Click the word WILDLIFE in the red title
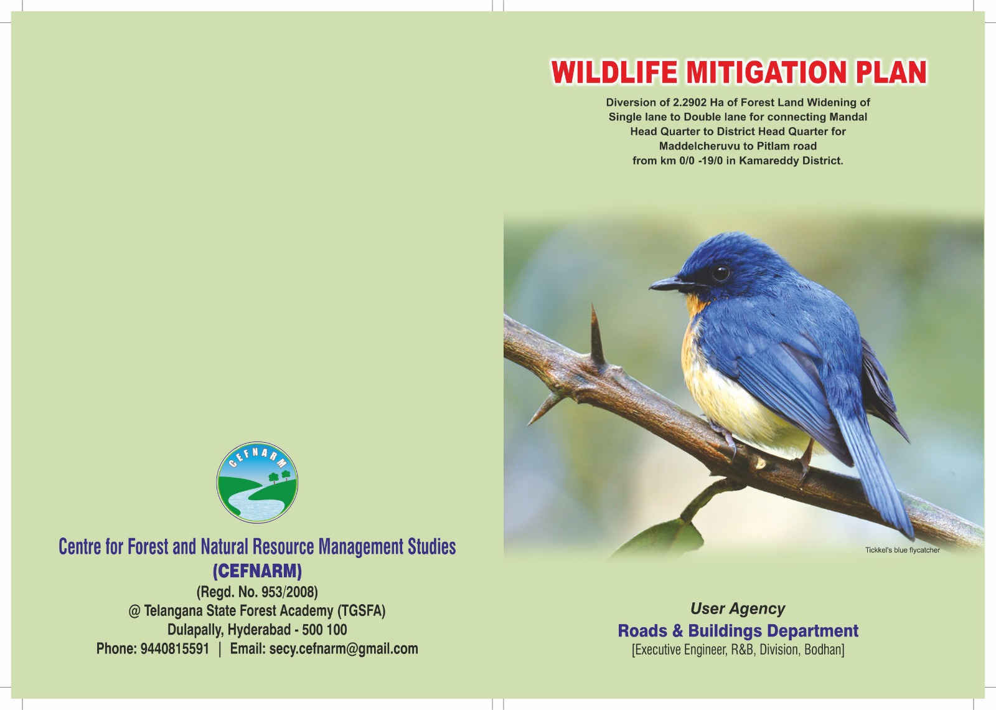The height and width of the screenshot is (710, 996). click(x=614, y=72)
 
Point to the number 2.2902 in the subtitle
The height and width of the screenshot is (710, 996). click(x=690, y=102)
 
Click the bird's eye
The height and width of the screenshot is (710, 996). click(x=721, y=272)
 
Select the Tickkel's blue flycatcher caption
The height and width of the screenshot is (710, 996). click(x=902, y=551)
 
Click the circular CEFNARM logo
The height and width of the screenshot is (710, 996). click(x=257, y=482)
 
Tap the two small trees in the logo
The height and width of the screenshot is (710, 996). click(x=280, y=476)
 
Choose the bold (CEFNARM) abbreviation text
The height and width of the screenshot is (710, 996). click(x=257, y=570)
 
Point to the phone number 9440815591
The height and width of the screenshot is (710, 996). click(x=175, y=648)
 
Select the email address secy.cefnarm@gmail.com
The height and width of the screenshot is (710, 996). click(x=343, y=649)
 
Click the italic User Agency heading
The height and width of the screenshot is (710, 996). click(x=738, y=608)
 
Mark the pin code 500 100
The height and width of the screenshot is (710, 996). click(x=324, y=630)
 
